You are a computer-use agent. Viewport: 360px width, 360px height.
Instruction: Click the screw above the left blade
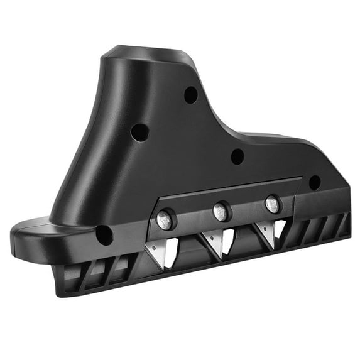164,219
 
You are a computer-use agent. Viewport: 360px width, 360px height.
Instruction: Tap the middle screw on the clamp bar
220,211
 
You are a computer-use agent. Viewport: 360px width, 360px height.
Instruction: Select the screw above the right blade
272,204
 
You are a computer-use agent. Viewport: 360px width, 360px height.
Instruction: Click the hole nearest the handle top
191,95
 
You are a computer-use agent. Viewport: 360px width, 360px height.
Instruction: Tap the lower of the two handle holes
140,132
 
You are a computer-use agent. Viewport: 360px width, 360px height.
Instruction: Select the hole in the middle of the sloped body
237,156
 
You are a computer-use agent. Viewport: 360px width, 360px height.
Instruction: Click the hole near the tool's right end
315,182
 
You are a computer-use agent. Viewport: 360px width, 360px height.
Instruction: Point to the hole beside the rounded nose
104,235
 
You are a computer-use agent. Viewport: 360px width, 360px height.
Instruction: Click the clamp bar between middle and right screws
246,207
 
